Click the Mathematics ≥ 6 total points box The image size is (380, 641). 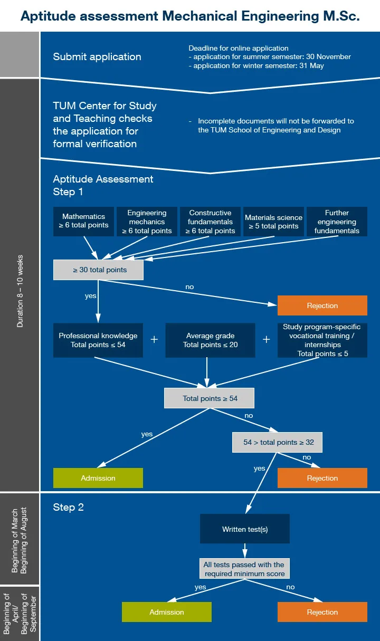click(x=84, y=221)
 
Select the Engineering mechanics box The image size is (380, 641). click(x=147, y=222)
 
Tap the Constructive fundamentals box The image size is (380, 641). click(x=210, y=222)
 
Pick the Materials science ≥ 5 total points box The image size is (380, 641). click(x=273, y=222)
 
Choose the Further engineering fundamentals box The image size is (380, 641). click(x=337, y=222)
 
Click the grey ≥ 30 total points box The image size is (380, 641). click(x=98, y=270)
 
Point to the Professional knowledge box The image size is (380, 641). click(x=98, y=340)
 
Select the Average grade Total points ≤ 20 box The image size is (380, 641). click(x=210, y=340)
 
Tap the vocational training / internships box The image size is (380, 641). click(x=322, y=340)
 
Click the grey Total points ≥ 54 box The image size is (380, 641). click(x=209, y=398)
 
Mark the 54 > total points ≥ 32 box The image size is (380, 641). click(x=277, y=443)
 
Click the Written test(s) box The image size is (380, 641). click(x=245, y=529)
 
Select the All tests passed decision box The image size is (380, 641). click(x=245, y=569)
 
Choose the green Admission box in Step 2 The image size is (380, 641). click(x=167, y=612)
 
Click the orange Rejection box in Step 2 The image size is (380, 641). click(x=322, y=612)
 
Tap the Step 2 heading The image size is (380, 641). click(x=69, y=508)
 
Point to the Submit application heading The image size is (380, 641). click(x=97, y=56)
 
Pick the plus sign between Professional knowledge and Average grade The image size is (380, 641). click(x=154, y=340)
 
